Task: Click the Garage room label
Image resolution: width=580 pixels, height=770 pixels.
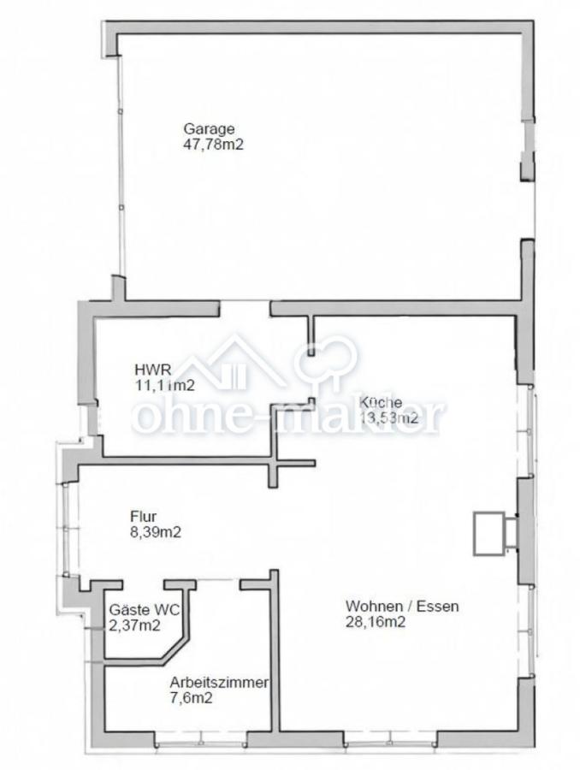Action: click(x=209, y=129)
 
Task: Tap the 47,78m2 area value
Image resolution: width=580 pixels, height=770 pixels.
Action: click(x=214, y=145)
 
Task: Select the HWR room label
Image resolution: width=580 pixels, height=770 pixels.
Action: click(x=147, y=370)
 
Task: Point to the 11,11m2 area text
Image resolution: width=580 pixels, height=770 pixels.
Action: click(x=163, y=385)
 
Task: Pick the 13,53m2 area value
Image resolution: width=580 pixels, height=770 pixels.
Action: click(x=388, y=418)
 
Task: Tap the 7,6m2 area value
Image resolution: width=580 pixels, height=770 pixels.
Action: click(x=192, y=698)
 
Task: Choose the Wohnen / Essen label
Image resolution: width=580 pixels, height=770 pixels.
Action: click(x=402, y=607)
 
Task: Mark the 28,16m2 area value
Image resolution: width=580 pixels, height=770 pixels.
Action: click(x=376, y=622)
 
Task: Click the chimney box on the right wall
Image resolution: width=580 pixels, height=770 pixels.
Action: click(x=490, y=533)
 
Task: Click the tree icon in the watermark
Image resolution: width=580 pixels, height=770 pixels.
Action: click(x=325, y=358)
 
